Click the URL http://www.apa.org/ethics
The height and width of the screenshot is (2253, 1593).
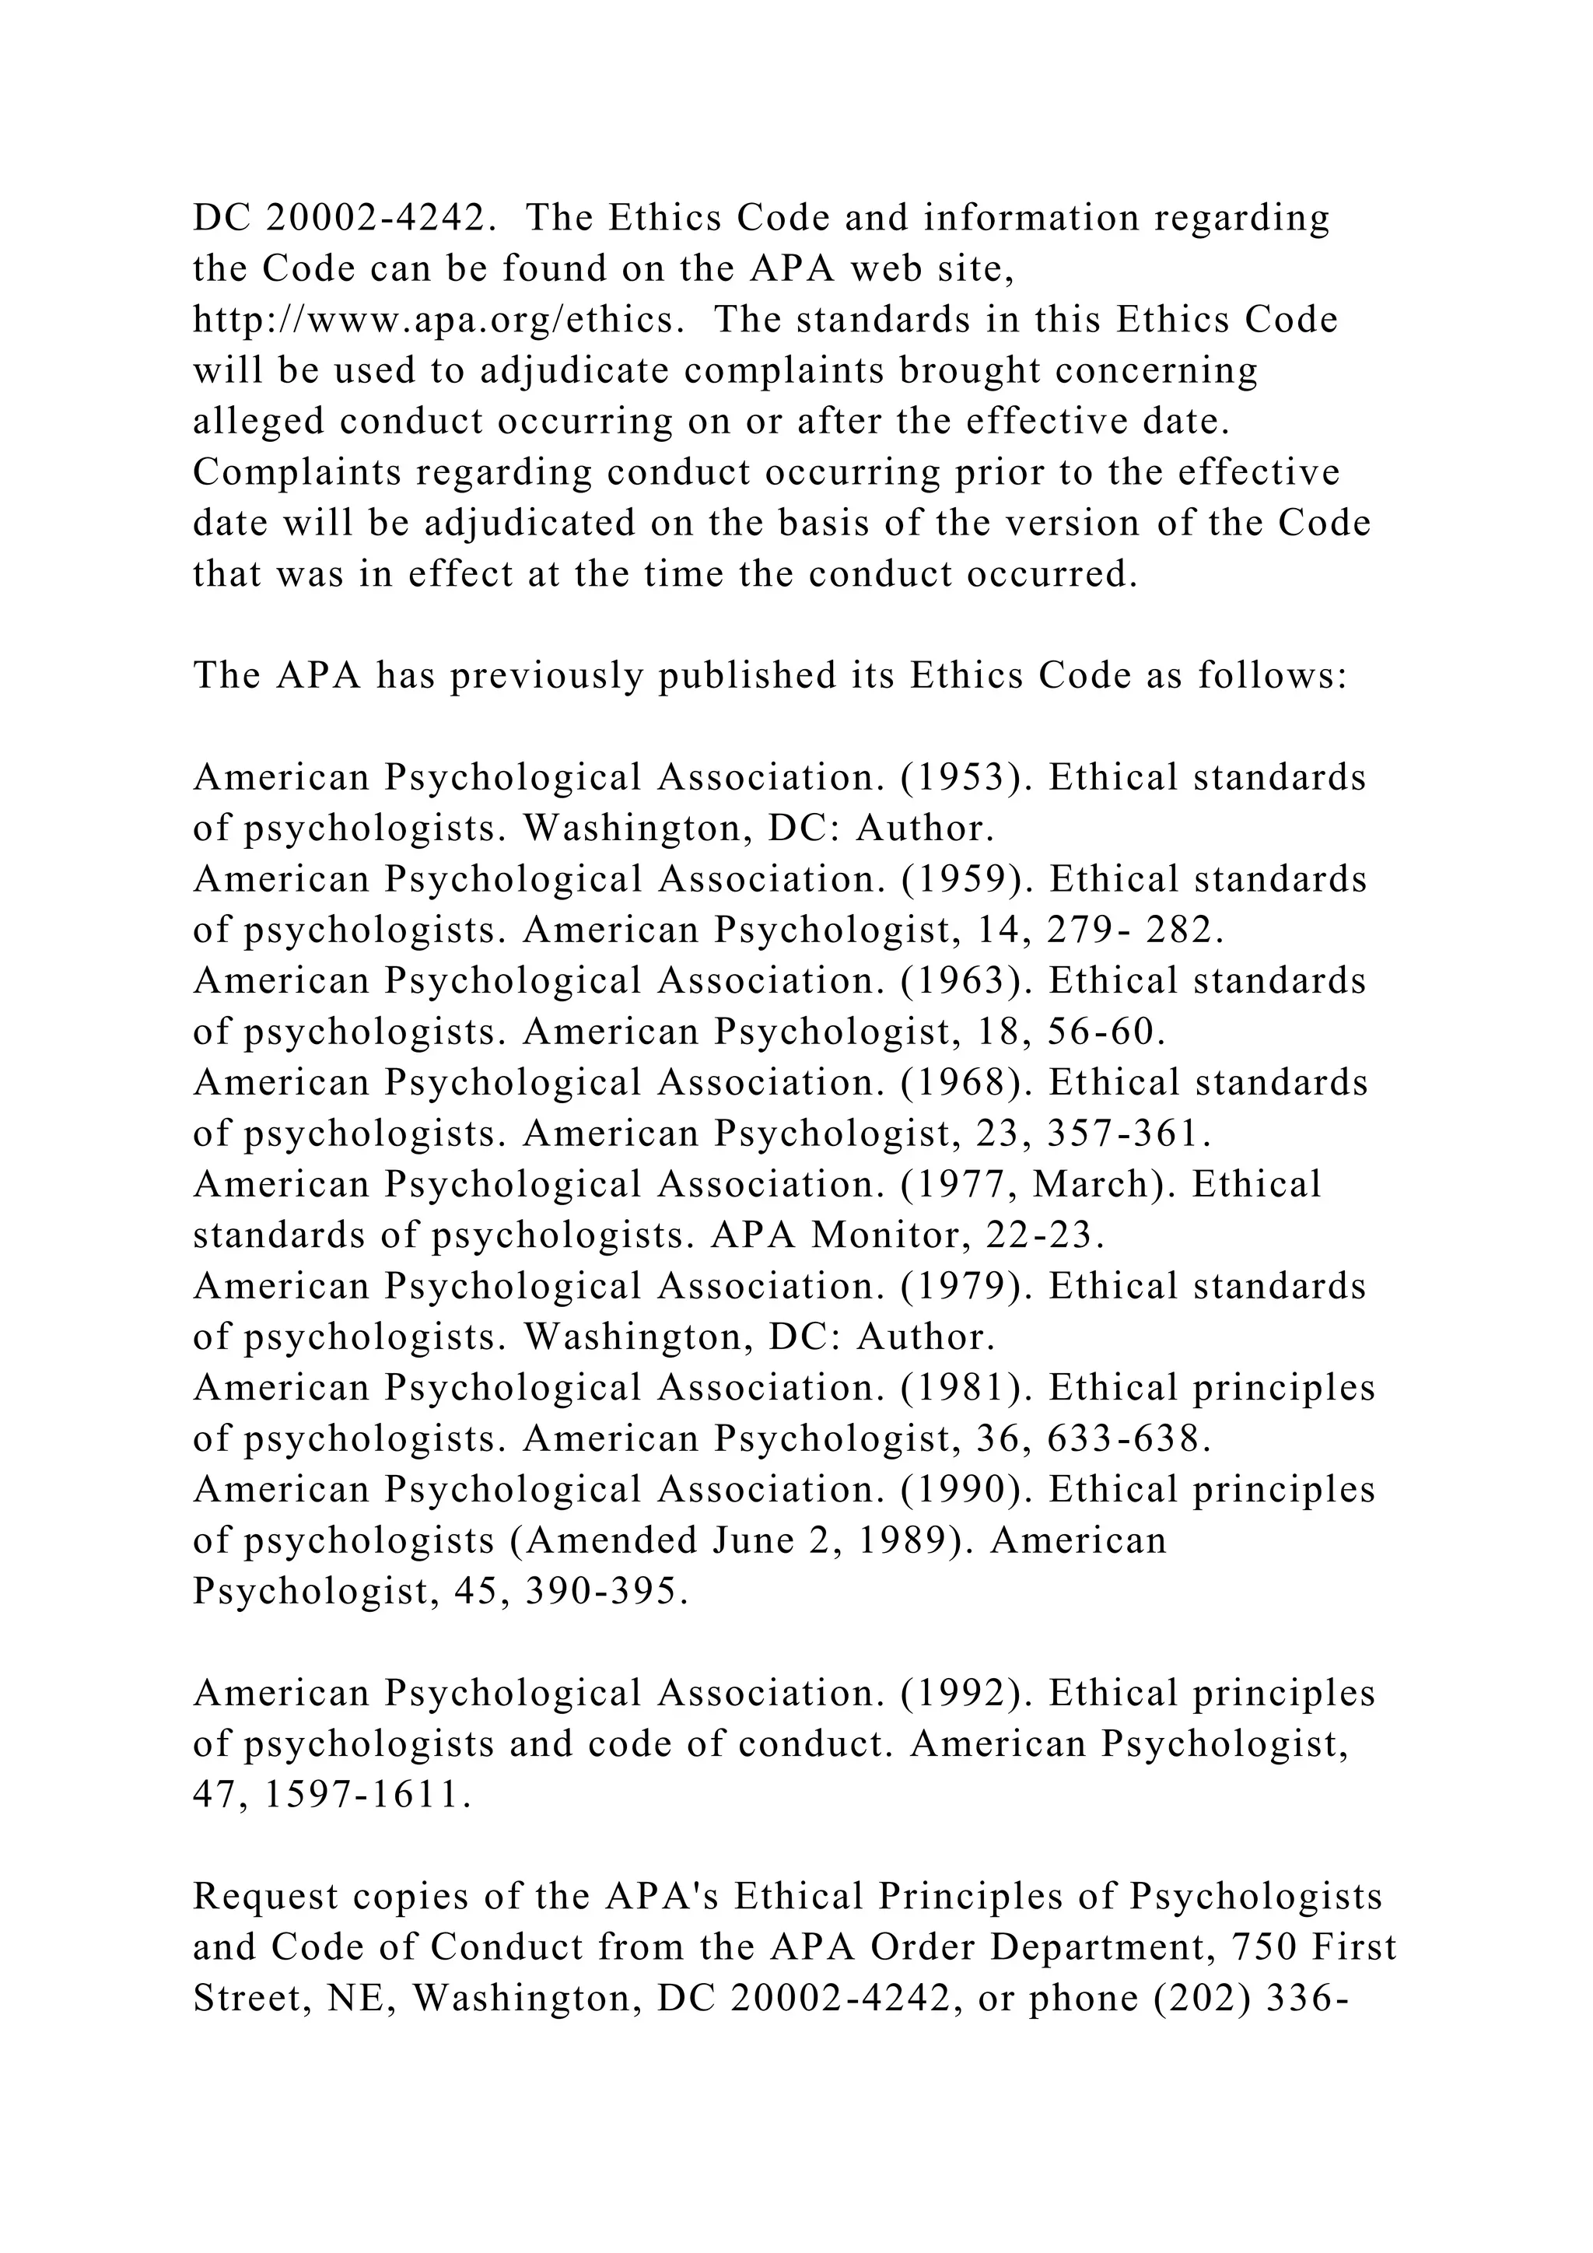click(436, 321)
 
